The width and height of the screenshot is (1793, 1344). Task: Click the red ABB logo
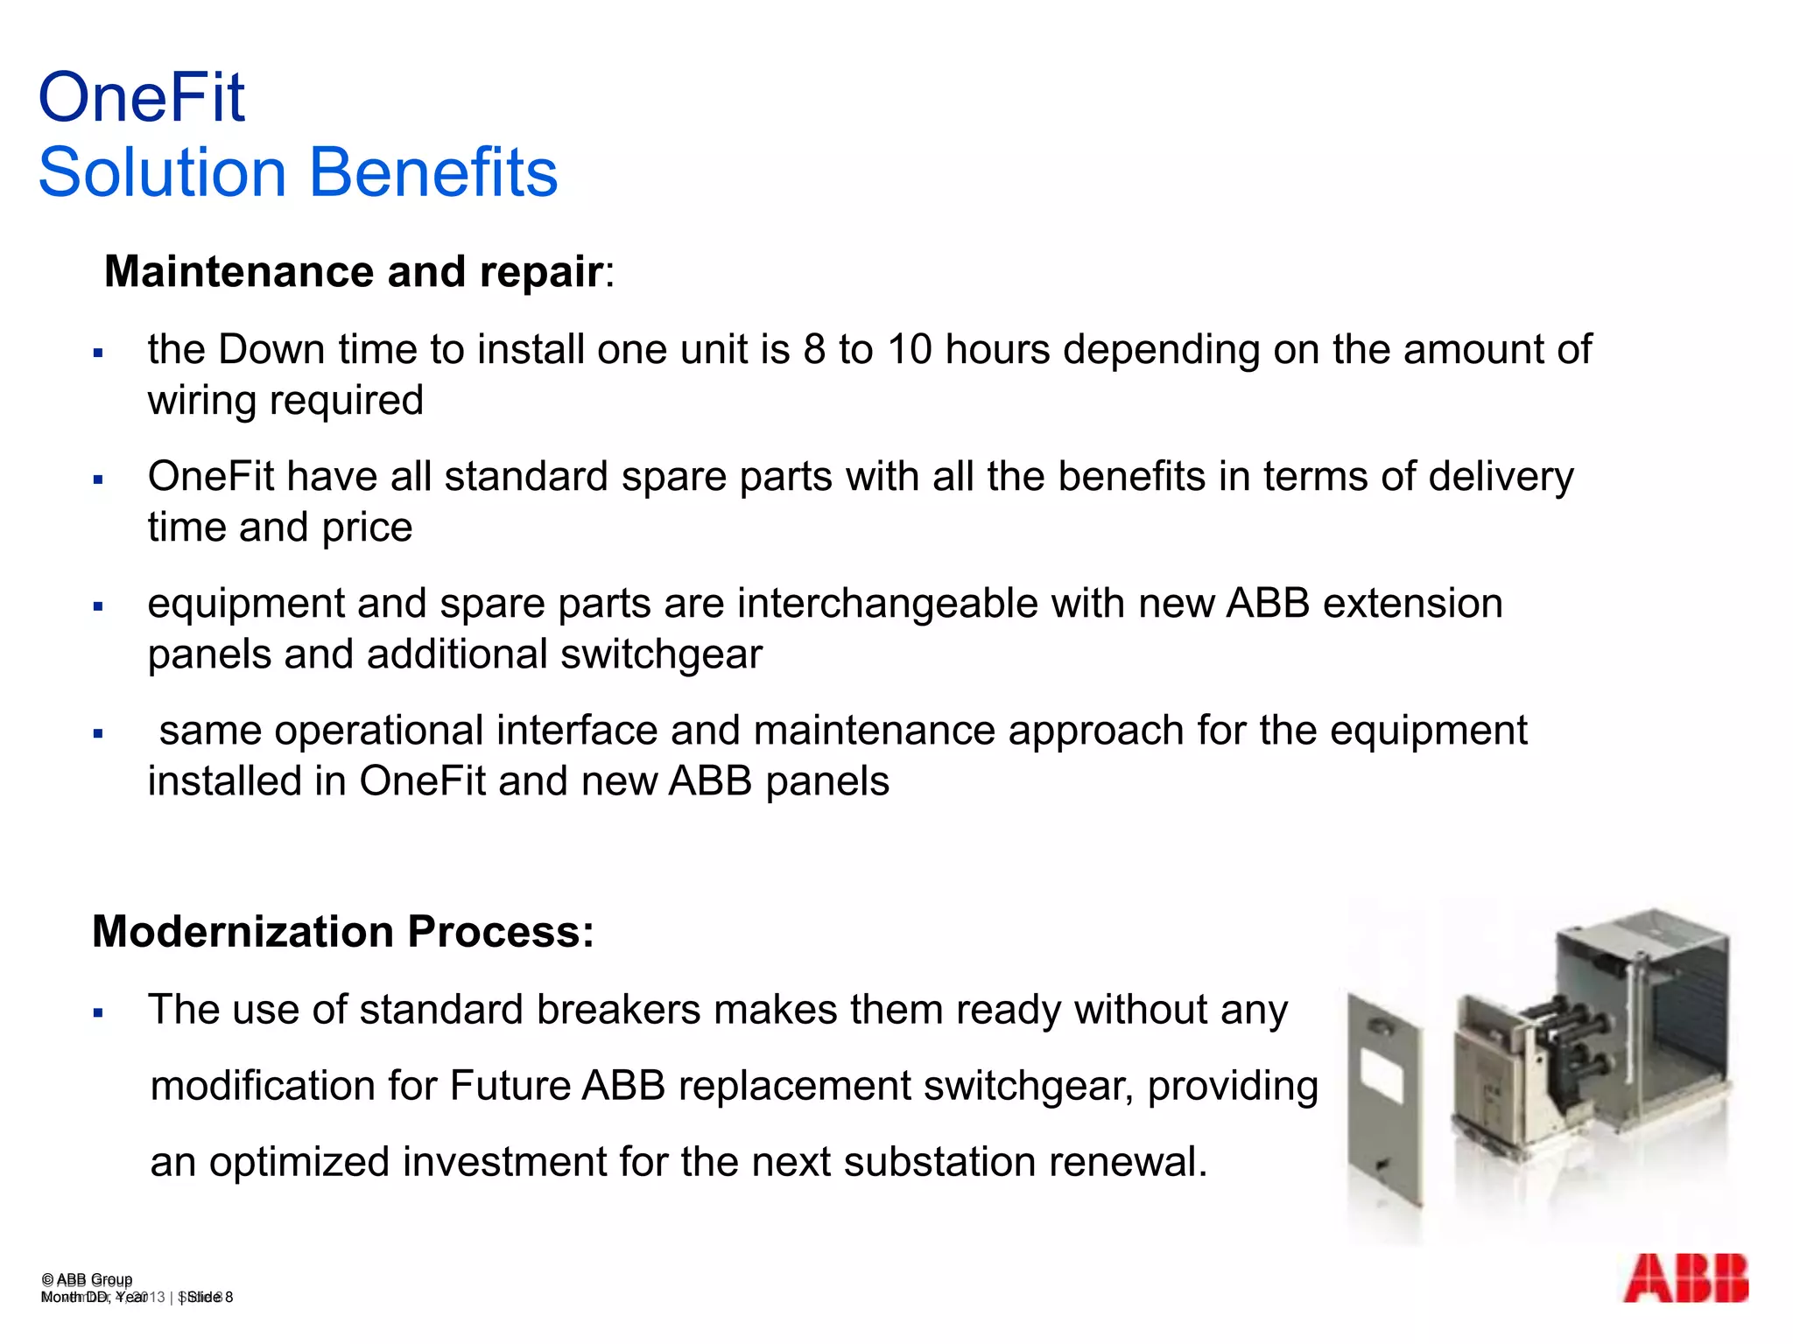point(1685,1278)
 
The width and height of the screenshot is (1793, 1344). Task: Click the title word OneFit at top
point(142,97)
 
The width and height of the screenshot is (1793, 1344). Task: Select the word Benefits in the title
point(433,172)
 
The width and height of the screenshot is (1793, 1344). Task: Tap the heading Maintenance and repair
point(355,271)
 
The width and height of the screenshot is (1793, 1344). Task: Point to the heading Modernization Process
point(342,931)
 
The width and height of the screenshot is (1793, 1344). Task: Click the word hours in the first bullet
point(997,350)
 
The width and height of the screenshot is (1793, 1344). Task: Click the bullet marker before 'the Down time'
point(98,353)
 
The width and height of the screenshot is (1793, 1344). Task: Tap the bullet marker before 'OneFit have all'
point(98,480)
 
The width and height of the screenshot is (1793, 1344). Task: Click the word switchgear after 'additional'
point(661,654)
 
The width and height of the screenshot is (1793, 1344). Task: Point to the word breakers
point(618,1010)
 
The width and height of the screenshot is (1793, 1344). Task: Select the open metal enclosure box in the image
point(1637,1015)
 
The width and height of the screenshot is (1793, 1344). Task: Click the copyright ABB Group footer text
point(87,1279)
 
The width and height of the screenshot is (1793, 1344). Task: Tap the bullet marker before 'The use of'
point(98,1013)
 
